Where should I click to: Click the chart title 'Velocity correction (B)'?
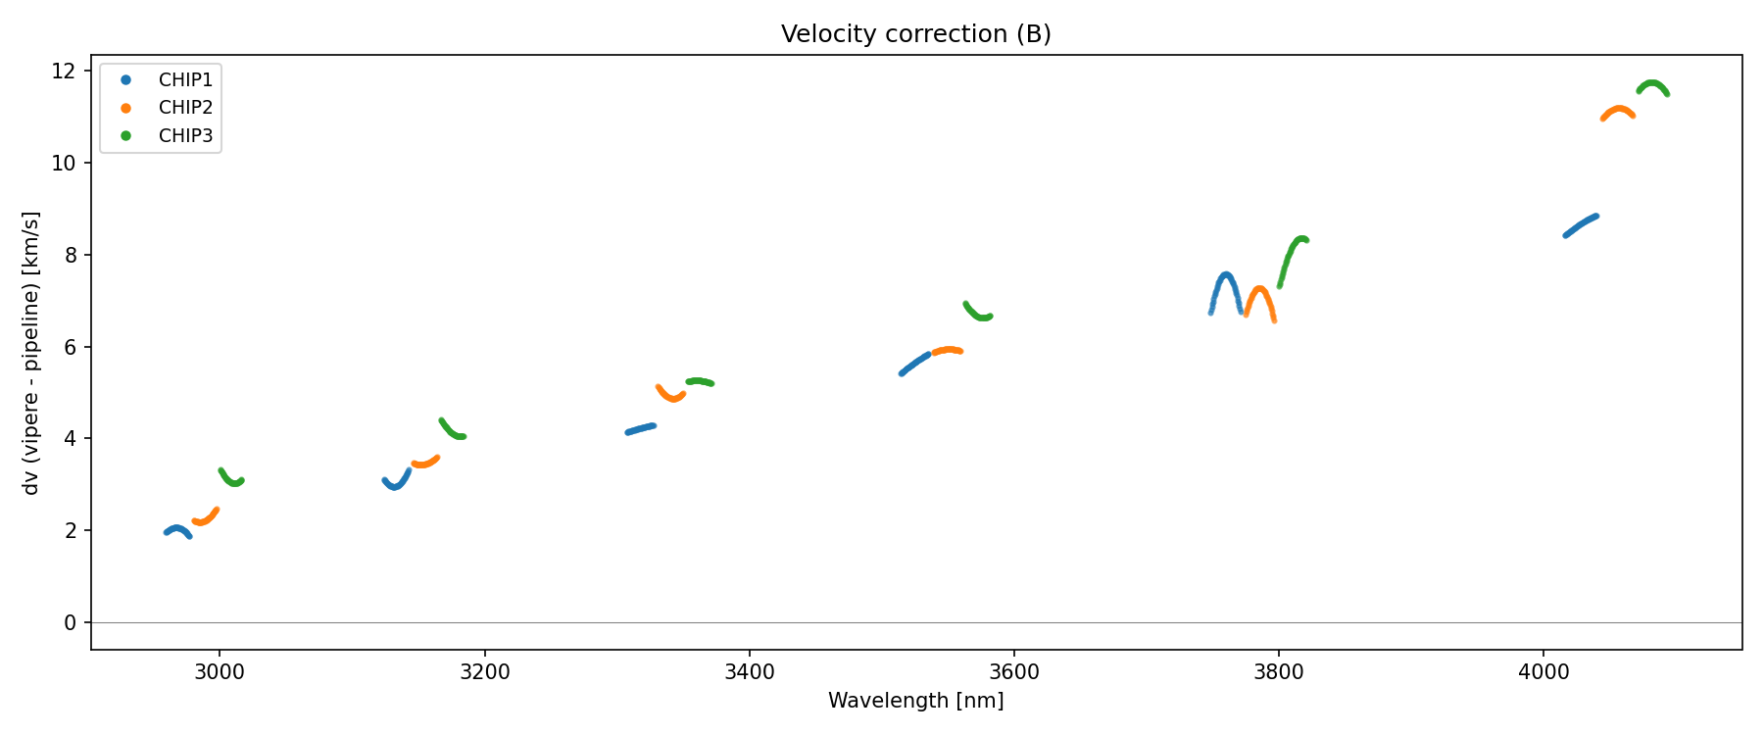coord(915,34)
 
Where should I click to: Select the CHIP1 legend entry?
coord(185,79)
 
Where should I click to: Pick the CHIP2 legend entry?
coord(185,108)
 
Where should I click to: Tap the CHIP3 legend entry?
coord(185,136)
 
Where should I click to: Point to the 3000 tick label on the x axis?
coord(220,672)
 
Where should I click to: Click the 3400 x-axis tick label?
coord(749,672)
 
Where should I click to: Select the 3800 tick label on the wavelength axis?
coord(1278,672)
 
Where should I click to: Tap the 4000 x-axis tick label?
coord(1543,672)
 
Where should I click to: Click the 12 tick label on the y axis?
coord(64,72)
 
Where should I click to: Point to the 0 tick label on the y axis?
coord(71,623)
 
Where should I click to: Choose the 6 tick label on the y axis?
coord(71,347)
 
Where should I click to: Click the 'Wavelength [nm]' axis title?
coord(915,701)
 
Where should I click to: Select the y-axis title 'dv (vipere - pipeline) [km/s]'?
coord(31,353)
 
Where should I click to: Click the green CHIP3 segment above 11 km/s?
coord(1652,84)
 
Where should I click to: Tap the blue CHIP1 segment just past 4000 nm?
coord(1581,225)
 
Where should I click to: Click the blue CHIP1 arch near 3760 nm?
coord(1226,276)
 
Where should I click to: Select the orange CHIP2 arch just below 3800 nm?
coord(1259,290)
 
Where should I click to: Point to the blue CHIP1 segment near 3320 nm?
coord(641,428)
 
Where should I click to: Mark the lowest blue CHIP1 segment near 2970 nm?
coord(176,529)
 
